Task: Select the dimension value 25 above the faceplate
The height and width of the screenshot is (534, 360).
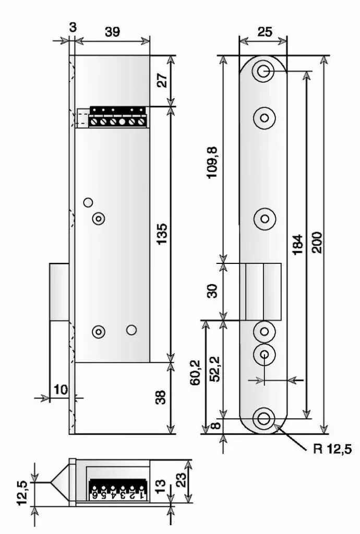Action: pos(265,32)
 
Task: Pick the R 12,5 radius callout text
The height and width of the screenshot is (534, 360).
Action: pos(332,449)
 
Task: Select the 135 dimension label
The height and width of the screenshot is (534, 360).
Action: pos(162,234)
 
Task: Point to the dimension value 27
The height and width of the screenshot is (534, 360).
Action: pos(162,81)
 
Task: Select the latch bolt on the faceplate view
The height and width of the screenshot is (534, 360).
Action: pos(263,291)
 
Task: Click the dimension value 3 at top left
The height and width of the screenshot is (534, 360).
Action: pos(73,28)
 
